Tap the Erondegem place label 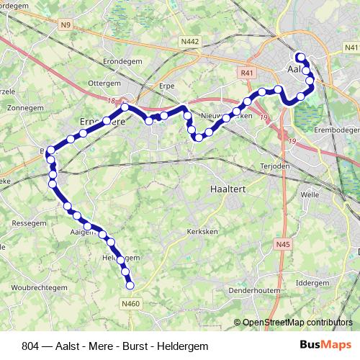pyautogui.click(x=120, y=61)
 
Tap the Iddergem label pyautogui.click(x=311, y=283)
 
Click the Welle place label pyautogui.click(x=310, y=194)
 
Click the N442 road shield pyautogui.click(x=190, y=42)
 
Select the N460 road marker pyautogui.click(x=130, y=304)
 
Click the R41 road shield pyautogui.click(x=248, y=73)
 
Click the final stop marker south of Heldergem pyautogui.click(x=130, y=286)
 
